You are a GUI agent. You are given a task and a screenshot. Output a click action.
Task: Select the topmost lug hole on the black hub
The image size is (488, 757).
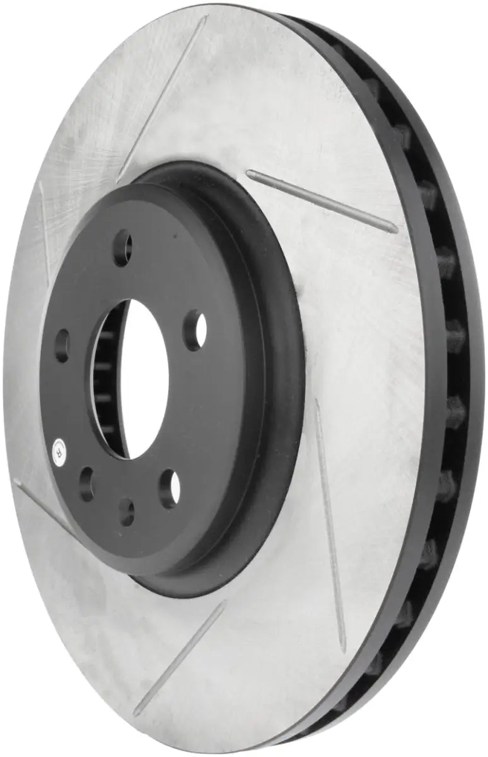click(x=123, y=247)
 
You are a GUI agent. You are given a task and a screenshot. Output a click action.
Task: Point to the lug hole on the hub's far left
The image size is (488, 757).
click(x=62, y=346)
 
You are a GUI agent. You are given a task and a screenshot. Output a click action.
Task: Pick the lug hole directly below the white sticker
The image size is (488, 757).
click(x=86, y=484)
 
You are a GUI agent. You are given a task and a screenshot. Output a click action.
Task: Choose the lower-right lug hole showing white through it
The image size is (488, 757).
click(x=170, y=488)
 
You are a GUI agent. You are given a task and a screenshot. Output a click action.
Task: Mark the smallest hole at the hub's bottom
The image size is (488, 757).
click(x=127, y=512)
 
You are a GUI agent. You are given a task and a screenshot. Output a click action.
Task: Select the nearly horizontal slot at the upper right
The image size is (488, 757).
click(x=321, y=201)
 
